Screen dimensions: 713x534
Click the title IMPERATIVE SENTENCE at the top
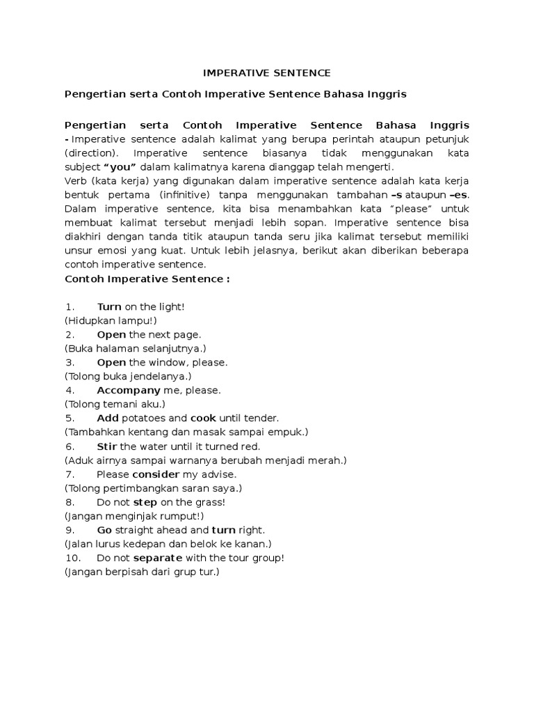(x=267, y=72)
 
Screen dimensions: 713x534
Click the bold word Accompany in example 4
(x=129, y=390)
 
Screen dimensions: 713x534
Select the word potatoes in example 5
(x=144, y=418)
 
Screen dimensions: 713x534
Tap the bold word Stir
(x=107, y=446)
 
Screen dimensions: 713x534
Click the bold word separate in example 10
(x=158, y=558)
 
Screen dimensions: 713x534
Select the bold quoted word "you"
(x=120, y=167)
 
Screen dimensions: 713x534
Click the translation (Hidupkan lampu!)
(x=111, y=320)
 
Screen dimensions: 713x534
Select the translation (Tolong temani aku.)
(x=115, y=404)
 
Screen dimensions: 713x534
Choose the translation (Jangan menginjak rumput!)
(x=134, y=516)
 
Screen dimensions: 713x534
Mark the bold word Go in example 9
(x=104, y=530)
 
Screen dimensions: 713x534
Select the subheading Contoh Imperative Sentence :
(x=147, y=279)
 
